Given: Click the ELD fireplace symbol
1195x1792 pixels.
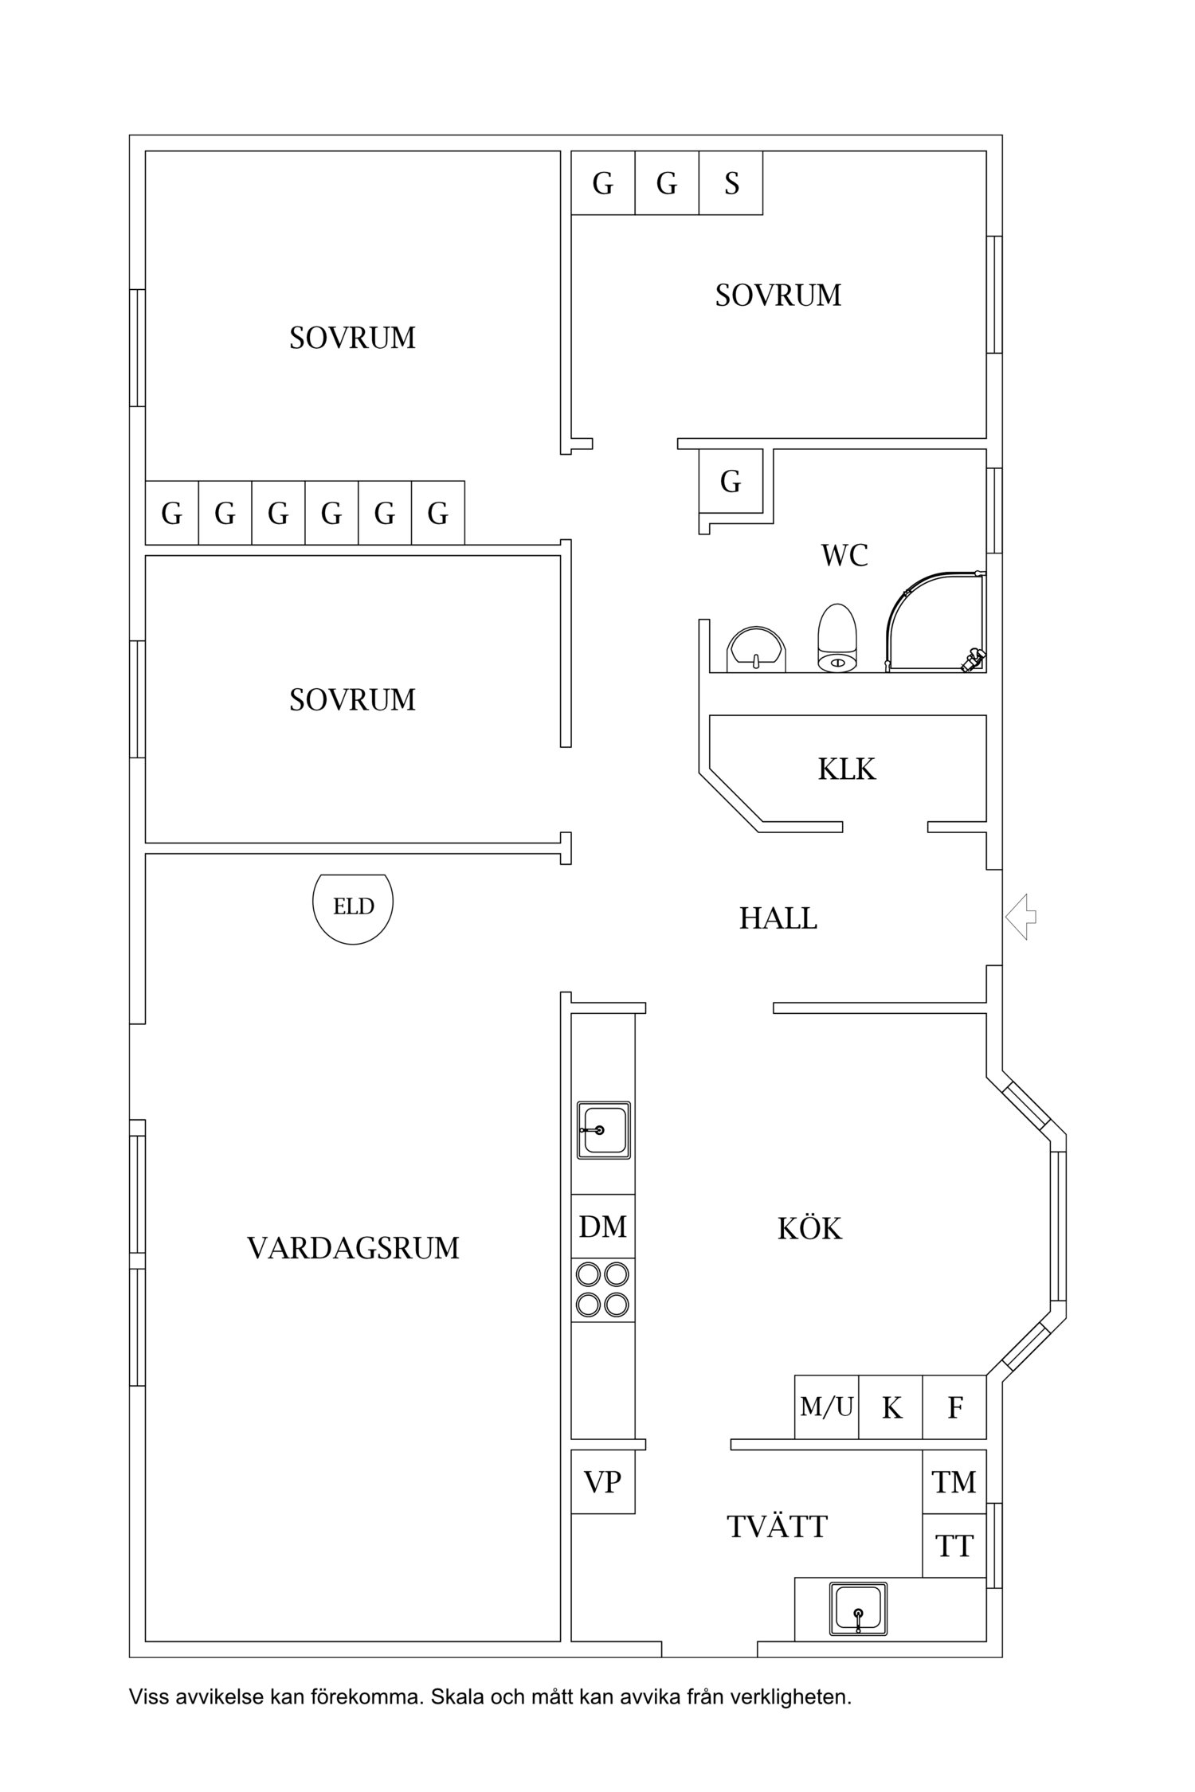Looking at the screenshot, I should pos(352,908).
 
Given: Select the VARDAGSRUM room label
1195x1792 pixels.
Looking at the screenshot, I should pos(353,1248).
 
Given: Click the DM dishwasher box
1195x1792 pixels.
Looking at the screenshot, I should pos(603,1227).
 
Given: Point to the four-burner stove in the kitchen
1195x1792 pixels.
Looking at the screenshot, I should pos(603,1290).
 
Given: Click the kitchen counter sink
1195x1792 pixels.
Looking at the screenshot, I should pos(603,1130).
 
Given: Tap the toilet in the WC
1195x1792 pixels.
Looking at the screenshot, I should pos(836,639).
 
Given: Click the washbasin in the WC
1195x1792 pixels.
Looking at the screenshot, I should pos(755,649).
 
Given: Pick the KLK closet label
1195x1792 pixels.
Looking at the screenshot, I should pos(846,769).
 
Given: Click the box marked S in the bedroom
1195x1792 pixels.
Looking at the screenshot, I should pos(731,183).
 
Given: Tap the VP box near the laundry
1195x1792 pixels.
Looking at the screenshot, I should pos(603,1482).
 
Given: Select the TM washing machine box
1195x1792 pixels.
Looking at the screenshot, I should pos(954,1482).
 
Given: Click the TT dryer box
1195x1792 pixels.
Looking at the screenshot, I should pos(954,1546).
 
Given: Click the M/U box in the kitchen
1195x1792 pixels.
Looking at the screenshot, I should pos(826,1407).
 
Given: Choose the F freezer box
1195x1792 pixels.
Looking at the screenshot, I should pos(954,1407).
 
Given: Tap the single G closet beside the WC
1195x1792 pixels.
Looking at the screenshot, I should pos(731,481).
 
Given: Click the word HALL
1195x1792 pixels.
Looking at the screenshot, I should pos(778,918).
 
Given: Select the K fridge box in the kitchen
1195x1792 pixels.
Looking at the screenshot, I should pos(891,1407).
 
